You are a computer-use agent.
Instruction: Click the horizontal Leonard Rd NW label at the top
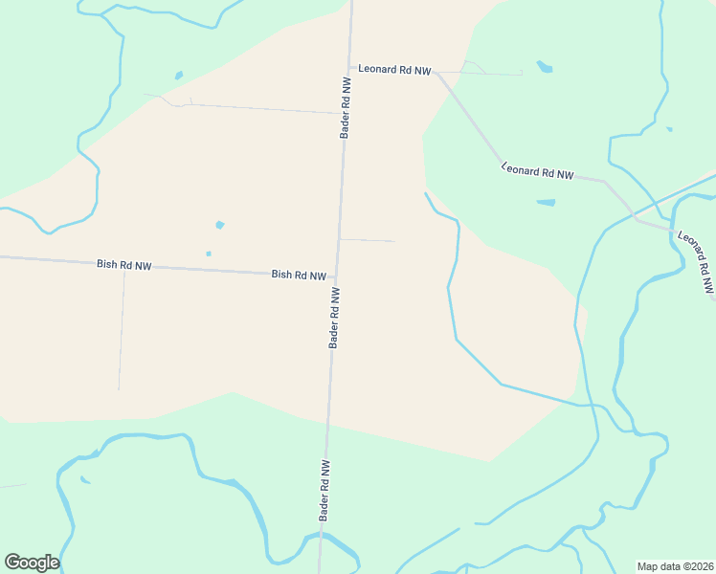394,70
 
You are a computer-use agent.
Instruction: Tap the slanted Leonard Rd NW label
538,172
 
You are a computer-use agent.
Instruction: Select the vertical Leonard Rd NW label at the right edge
696,260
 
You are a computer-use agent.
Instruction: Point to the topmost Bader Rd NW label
346,106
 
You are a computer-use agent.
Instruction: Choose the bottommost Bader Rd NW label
325,490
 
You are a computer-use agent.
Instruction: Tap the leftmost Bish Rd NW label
124,264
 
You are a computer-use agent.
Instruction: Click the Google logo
32,562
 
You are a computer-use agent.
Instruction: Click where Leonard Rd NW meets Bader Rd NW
349,68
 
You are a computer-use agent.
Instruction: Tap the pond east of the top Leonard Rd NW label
545,67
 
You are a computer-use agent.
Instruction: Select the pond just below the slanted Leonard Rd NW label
546,203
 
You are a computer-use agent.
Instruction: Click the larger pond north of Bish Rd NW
220,225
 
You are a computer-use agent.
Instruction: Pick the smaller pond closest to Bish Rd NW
209,254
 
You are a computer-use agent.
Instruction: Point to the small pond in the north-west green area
178,75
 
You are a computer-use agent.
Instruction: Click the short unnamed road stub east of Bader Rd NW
368,240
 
